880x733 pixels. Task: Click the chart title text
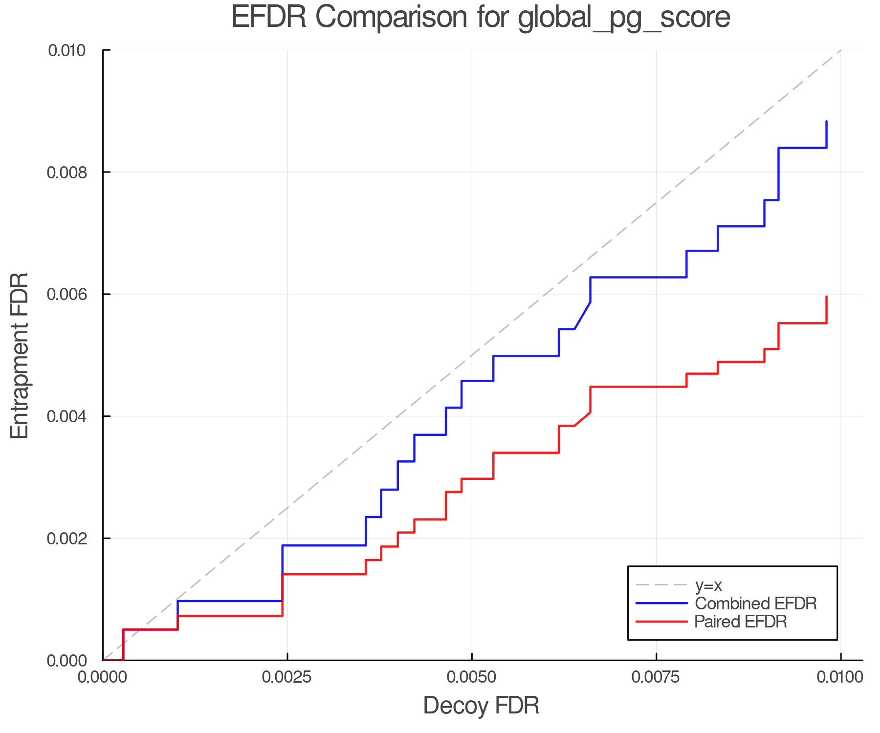(481, 17)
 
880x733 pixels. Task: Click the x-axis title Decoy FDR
(481, 705)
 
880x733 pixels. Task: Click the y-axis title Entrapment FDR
(20, 355)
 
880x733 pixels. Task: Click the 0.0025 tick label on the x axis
(287, 677)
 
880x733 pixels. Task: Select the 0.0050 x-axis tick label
(471, 677)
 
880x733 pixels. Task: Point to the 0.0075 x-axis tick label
(656, 677)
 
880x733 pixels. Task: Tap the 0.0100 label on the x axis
(840, 677)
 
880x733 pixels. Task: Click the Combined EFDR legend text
(755, 603)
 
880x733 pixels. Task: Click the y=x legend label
(708, 585)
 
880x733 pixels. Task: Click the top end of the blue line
(826, 121)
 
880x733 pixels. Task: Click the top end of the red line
(826, 297)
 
